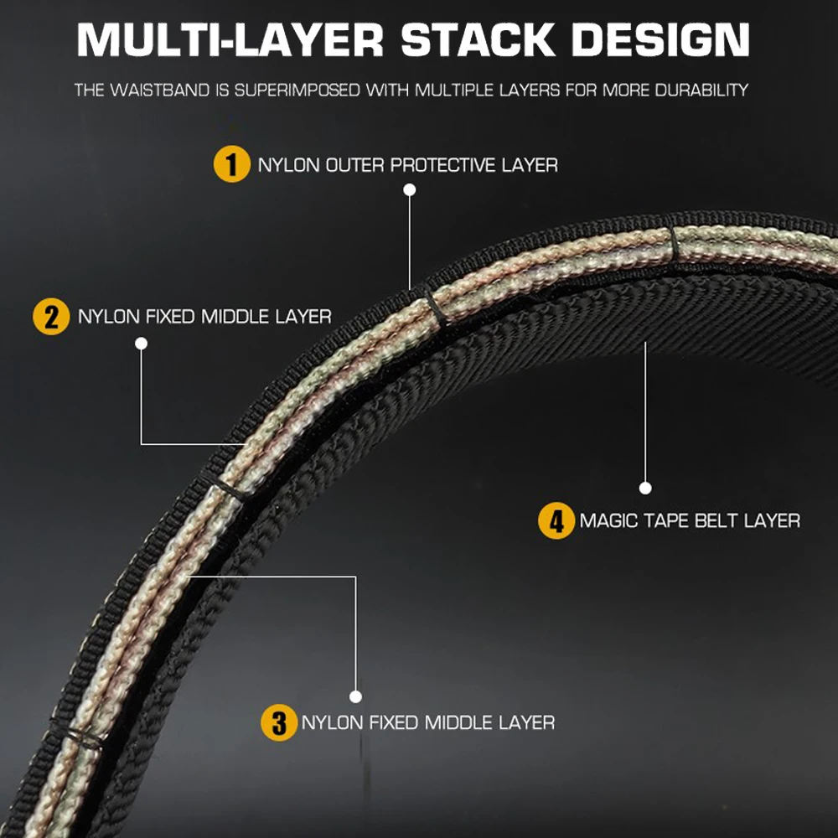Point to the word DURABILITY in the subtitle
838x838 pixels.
click(701, 90)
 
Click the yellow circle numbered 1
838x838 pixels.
click(231, 163)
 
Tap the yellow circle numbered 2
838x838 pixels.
click(51, 317)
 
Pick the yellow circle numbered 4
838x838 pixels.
click(556, 520)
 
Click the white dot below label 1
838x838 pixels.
click(410, 190)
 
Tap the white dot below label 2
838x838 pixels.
click(141, 343)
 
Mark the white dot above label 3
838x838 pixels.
click(356, 696)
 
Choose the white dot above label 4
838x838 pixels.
click(645, 488)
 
